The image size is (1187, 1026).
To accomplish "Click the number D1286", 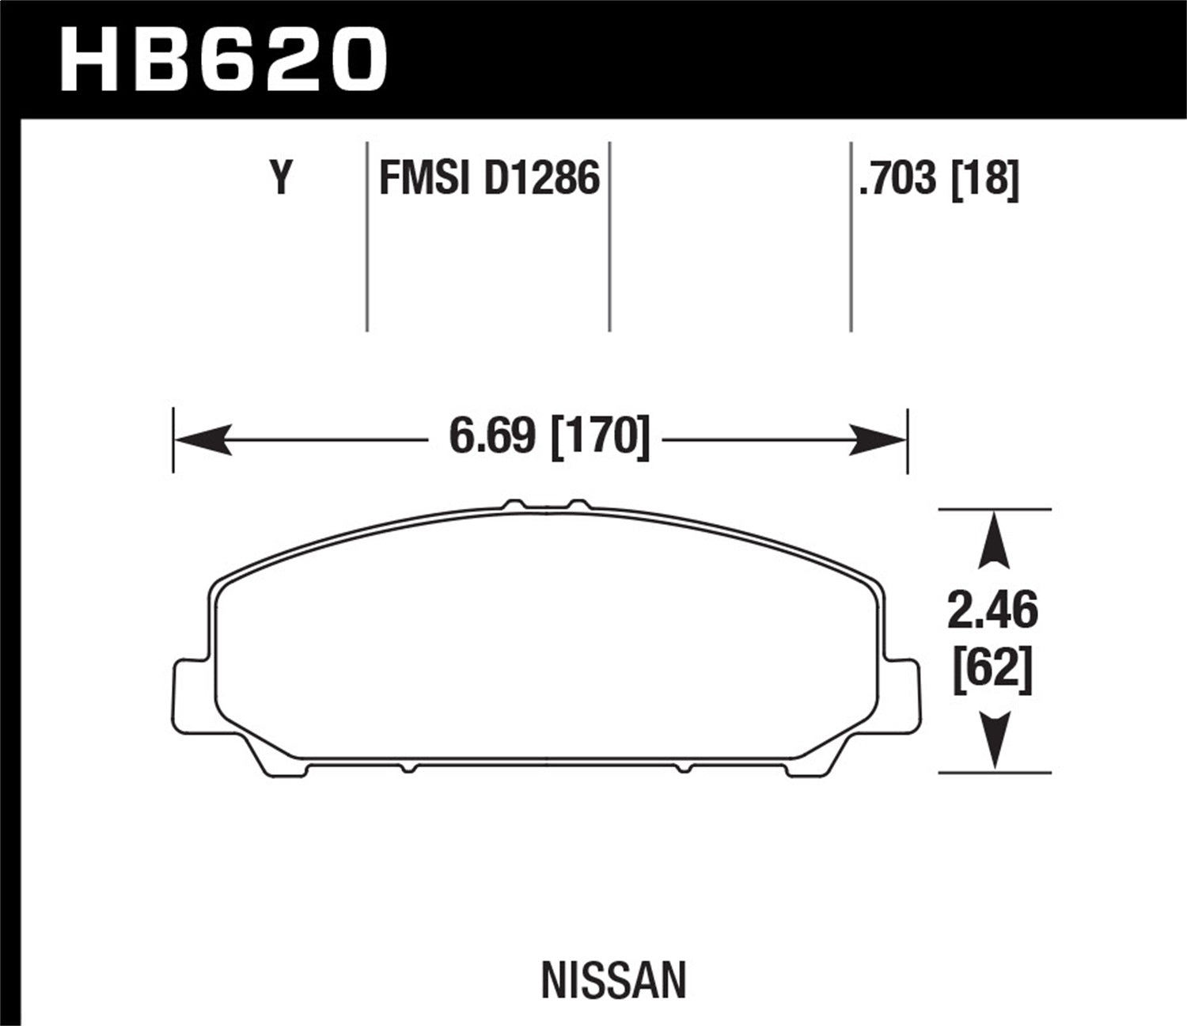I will pos(541,178).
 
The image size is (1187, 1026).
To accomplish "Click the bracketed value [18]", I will pos(985,178).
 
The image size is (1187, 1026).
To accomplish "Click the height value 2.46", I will pos(992,611).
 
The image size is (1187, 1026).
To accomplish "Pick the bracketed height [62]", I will pos(992,673).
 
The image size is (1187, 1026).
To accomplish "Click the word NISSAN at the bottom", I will pos(613,980).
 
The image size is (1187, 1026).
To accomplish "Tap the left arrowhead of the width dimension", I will pos(203,439).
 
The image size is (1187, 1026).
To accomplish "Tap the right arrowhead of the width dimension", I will pos(877,439).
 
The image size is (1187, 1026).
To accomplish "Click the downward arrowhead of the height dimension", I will pos(994,740).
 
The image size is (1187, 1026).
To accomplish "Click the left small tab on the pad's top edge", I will pos(515,504).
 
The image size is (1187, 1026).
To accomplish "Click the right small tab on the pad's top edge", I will pos(579,504).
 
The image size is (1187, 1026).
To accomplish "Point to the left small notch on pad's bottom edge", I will pos(407,768).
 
